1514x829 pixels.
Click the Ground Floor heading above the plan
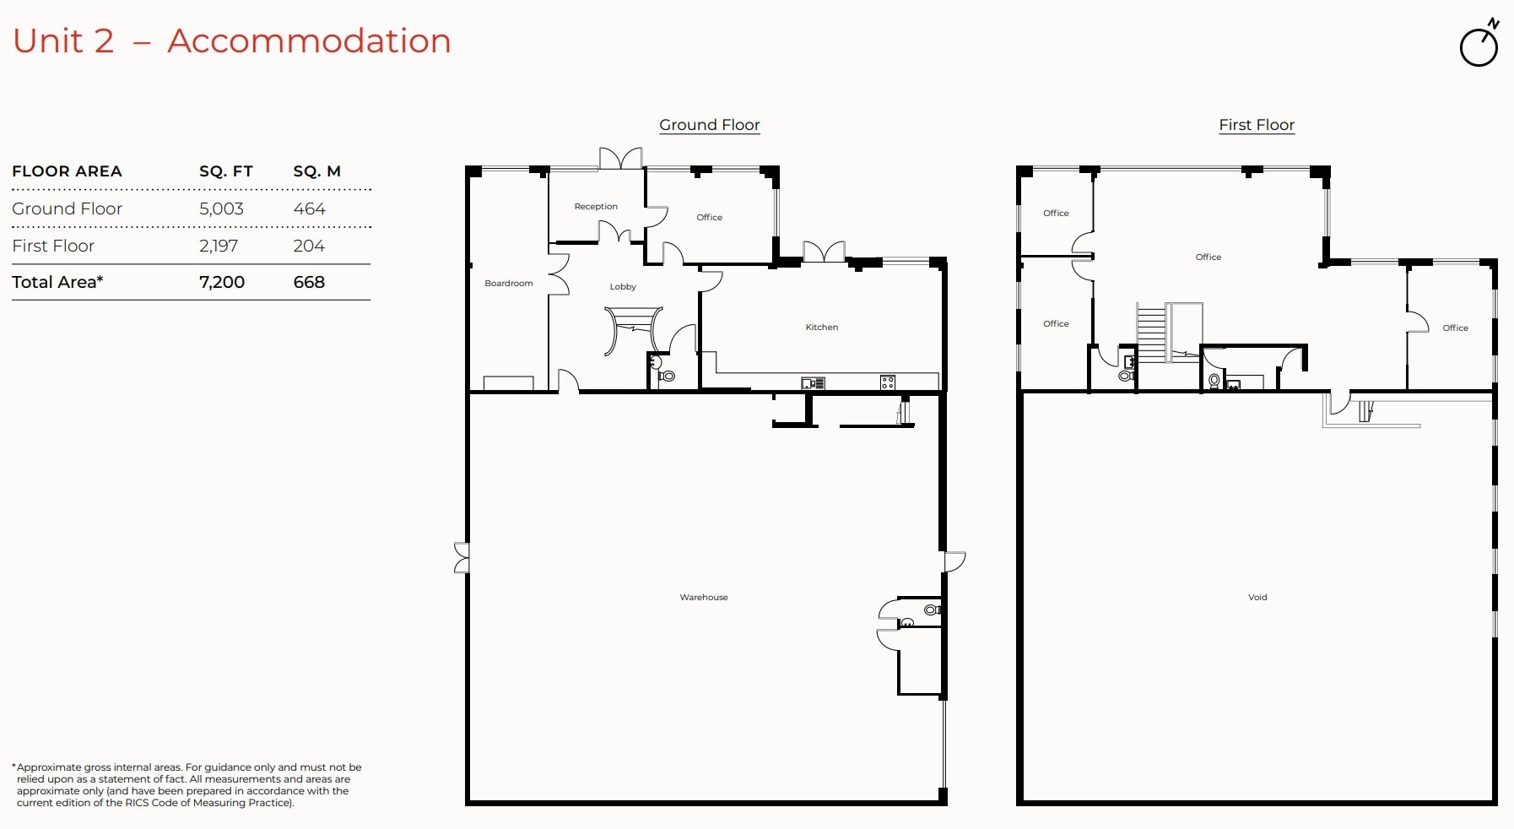click(x=709, y=125)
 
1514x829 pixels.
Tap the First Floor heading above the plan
click(x=1256, y=125)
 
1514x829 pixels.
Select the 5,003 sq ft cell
click(x=221, y=209)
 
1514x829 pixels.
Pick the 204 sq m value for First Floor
click(x=309, y=246)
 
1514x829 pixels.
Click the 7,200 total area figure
click(x=222, y=282)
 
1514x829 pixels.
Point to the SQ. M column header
click(x=316, y=171)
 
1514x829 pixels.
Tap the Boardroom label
click(x=508, y=284)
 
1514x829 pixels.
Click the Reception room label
click(x=596, y=207)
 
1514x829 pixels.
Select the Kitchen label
click(x=821, y=328)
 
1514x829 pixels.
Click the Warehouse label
click(x=703, y=598)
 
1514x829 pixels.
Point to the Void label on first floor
click(x=1257, y=598)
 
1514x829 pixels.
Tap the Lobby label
click(x=623, y=287)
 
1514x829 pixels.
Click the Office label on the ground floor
click(x=709, y=218)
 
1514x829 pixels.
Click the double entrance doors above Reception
click(x=620, y=159)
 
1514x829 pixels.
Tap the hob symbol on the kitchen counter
click(x=887, y=382)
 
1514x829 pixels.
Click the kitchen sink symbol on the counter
click(x=812, y=383)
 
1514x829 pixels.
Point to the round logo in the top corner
click(x=1479, y=45)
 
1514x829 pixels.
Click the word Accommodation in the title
click(x=309, y=41)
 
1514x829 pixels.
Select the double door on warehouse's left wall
click(x=461, y=558)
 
